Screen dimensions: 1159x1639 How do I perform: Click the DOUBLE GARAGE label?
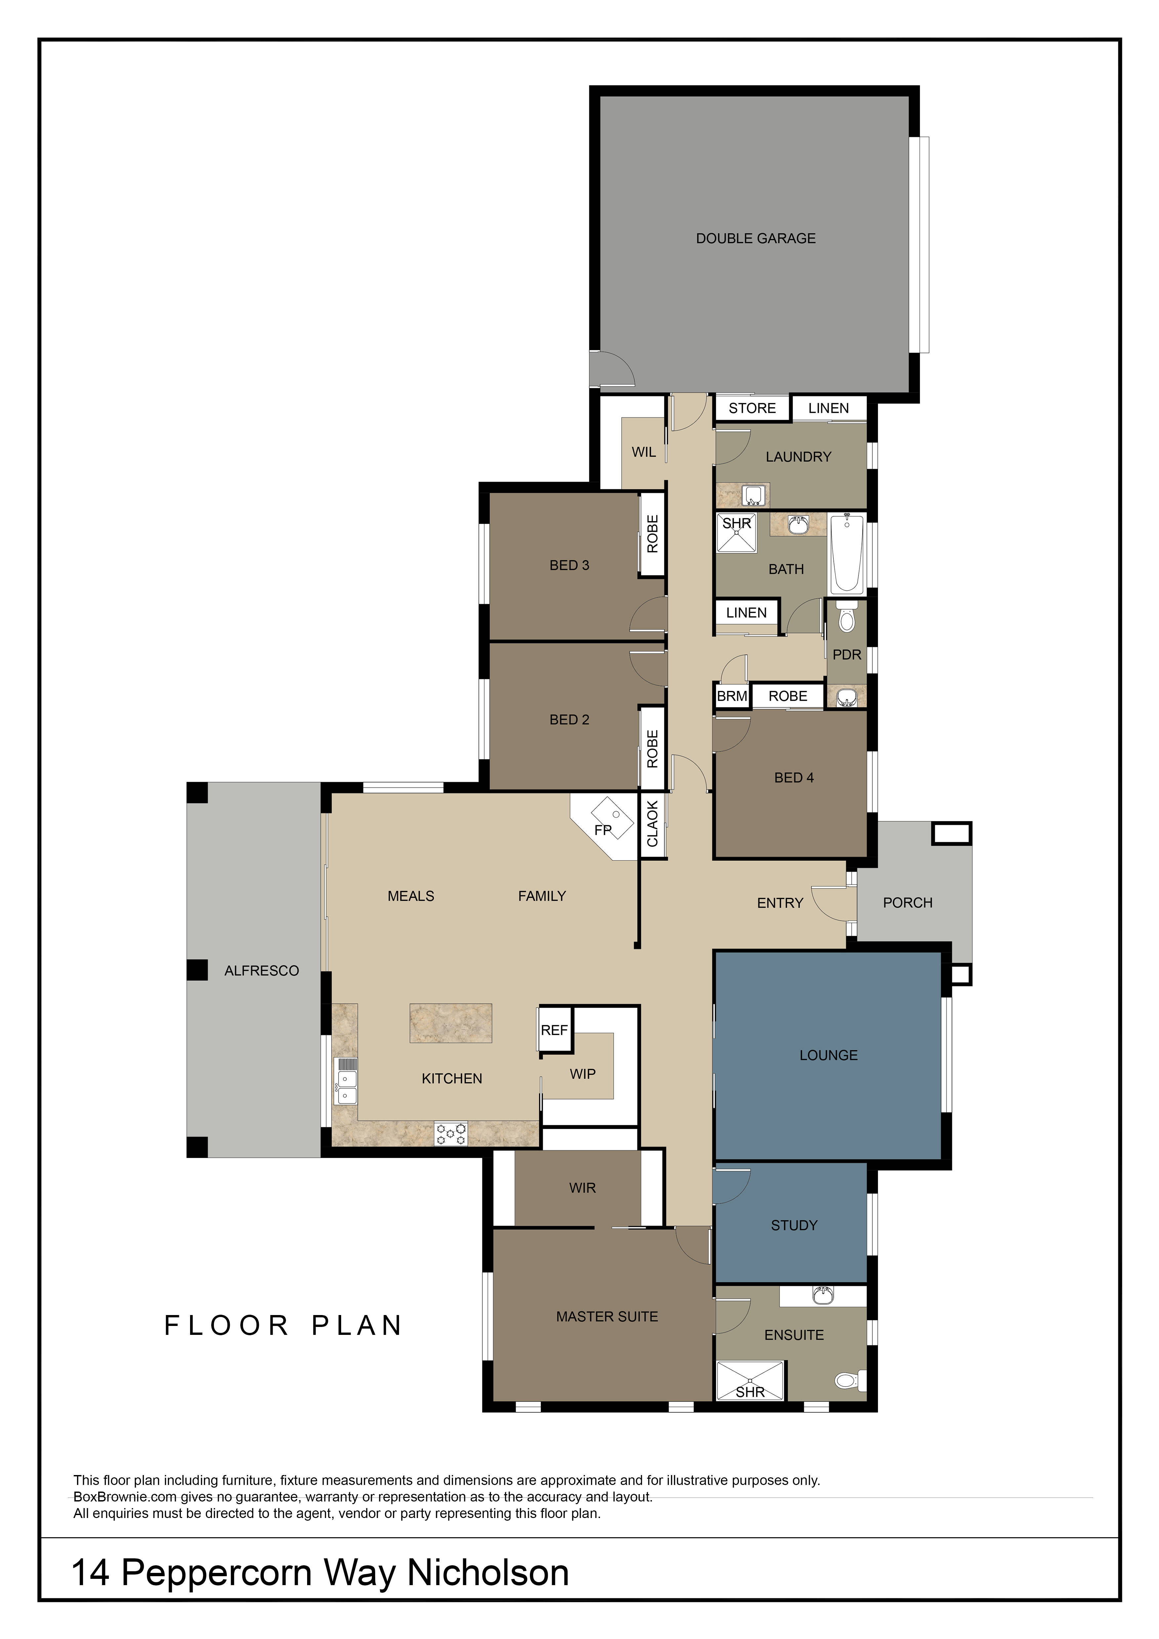tap(756, 238)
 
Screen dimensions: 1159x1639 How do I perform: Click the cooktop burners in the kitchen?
tap(451, 1134)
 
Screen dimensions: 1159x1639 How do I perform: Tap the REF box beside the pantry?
tap(554, 1030)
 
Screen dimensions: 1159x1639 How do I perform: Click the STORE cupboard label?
tap(752, 408)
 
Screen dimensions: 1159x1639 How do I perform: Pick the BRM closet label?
tap(732, 696)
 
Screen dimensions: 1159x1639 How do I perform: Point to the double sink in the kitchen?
tap(346, 1082)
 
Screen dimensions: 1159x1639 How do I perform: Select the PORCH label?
tap(908, 903)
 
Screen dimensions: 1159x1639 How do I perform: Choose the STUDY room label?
tap(794, 1226)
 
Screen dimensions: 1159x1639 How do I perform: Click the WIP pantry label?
tap(582, 1074)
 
